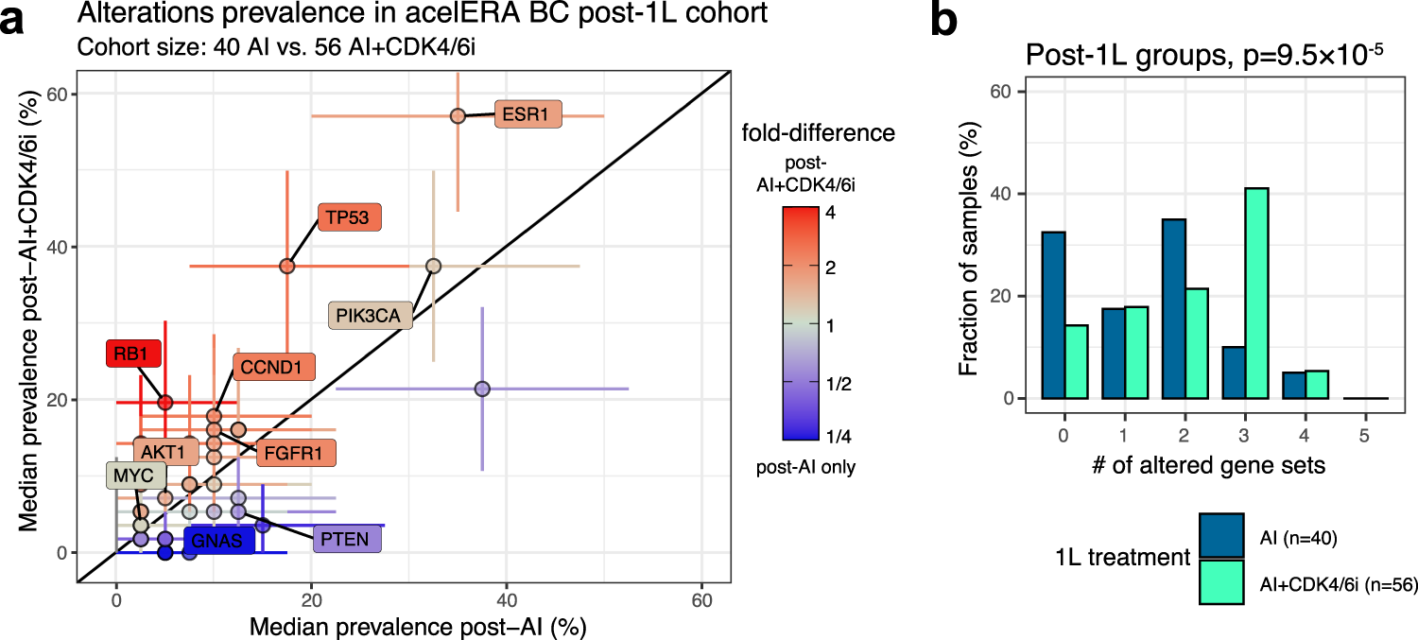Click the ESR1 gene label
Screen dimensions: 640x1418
(x=527, y=114)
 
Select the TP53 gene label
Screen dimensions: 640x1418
(x=350, y=217)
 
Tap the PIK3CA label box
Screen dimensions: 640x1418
(x=371, y=315)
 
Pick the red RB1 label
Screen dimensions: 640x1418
(x=134, y=355)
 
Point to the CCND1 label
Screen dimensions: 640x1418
(x=273, y=368)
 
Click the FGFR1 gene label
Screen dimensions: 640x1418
(x=295, y=453)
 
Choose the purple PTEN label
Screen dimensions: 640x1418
(x=347, y=539)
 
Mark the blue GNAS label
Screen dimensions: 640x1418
(x=218, y=542)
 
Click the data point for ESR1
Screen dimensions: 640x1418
(x=458, y=115)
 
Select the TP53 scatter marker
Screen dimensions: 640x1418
(x=287, y=267)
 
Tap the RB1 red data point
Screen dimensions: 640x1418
(x=165, y=402)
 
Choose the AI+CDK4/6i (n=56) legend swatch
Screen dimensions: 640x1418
(x=1222, y=584)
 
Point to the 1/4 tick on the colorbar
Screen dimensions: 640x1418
(x=837, y=436)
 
